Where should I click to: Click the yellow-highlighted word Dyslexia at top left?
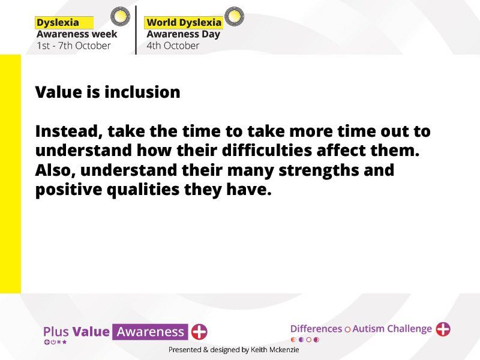click(58, 23)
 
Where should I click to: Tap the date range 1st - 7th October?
click(73, 46)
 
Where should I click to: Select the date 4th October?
click(173, 46)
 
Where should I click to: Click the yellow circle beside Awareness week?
click(120, 16)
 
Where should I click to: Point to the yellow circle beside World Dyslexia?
click(234, 16)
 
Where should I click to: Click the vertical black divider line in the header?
click(136, 30)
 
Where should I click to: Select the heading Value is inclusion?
click(108, 92)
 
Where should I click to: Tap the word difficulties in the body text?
click(266, 151)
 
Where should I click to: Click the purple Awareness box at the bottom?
click(150, 332)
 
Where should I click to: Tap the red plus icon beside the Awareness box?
click(199, 332)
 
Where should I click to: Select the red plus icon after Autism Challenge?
click(443, 329)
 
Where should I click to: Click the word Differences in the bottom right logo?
click(316, 329)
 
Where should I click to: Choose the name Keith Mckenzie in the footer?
click(275, 350)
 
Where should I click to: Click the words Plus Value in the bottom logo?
click(76, 332)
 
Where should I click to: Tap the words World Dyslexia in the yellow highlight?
click(184, 23)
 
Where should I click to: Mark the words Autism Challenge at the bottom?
click(392, 329)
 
